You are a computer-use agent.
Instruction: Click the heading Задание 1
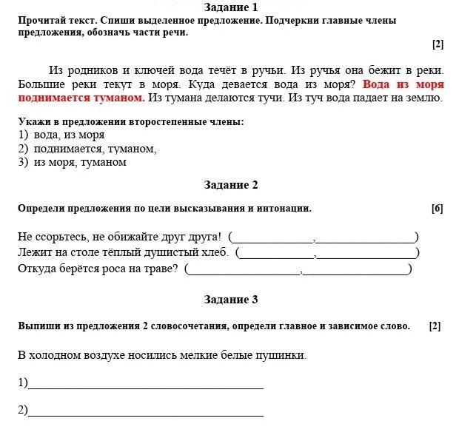click(230, 7)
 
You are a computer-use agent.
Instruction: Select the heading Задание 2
click(230, 185)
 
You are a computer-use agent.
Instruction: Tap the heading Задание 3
click(230, 300)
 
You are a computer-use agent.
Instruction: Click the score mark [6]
click(437, 209)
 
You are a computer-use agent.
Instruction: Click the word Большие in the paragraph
click(40, 84)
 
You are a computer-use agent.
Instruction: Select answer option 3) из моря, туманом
click(73, 162)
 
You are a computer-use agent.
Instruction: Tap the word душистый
click(181, 252)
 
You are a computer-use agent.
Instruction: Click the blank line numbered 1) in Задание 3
click(145, 385)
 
